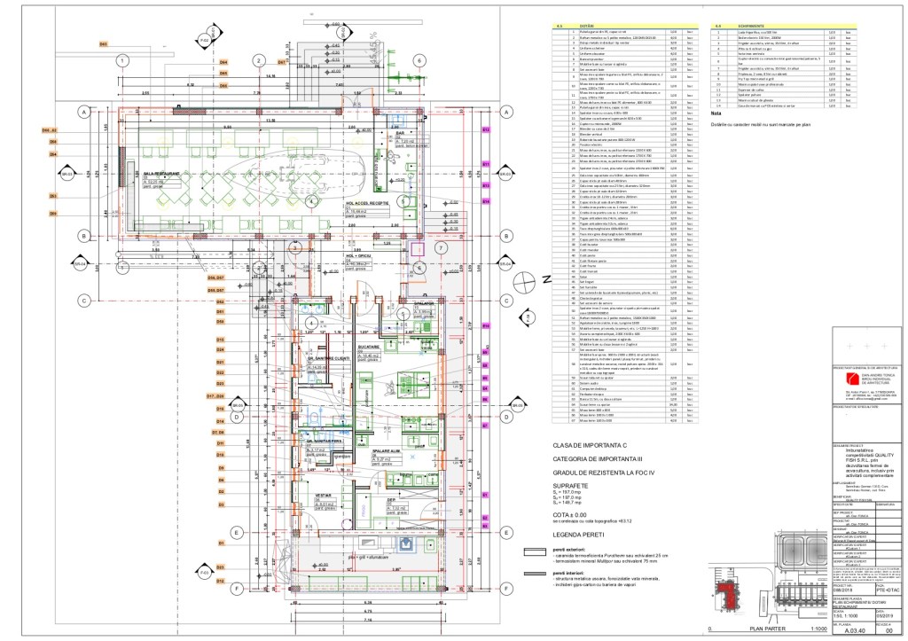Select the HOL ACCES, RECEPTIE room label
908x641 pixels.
click(x=368, y=203)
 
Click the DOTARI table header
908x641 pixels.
click(x=584, y=27)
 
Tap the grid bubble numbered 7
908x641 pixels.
click(x=440, y=248)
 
